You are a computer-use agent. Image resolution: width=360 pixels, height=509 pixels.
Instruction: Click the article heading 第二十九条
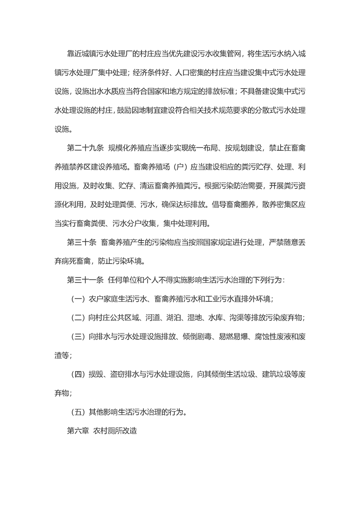(85, 148)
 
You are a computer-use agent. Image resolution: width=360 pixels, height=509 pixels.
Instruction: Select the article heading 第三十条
(81, 242)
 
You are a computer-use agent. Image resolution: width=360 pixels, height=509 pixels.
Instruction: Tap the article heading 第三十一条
(85, 280)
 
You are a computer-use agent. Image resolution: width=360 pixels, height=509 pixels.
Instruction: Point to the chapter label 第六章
(77, 431)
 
